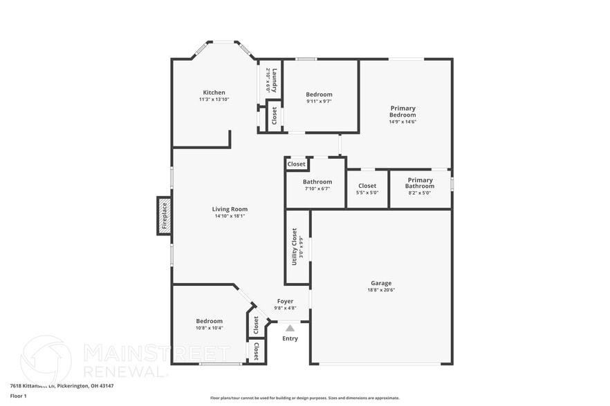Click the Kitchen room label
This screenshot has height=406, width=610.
pyautogui.click(x=214, y=93)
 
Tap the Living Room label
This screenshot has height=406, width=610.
pyautogui.click(x=230, y=209)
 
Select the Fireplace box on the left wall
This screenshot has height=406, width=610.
pyautogui.click(x=164, y=215)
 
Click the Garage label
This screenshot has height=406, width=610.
pyautogui.click(x=381, y=283)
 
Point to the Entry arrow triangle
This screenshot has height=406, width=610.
pyautogui.click(x=290, y=329)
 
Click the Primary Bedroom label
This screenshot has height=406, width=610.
pyautogui.click(x=403, y=111)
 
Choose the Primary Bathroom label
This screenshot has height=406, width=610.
pyautogui.click(x=419, y=183)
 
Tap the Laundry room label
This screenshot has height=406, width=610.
pyautogui.click(x=275, y=81)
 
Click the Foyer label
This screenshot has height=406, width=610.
pyautogui.click(x=285, y=301)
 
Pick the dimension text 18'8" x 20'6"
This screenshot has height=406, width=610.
pyautogui.click(x=381, y=290)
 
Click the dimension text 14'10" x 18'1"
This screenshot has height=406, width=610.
pyautogui.click(x=230, y=216)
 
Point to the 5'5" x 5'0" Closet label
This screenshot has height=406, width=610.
pyautogui.click(x=367, y=186)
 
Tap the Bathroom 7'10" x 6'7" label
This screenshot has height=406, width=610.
pyautogui.click(x=317, y=182)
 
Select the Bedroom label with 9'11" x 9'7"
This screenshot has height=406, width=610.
pyautogui.click(x=320, y=95)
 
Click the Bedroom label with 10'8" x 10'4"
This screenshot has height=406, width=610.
pyautogui.click(x=209, y=321)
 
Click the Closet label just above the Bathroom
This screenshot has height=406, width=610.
pyautogui.click(x=297, y=164)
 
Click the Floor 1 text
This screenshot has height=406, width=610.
pyautogui.click(x=18, y=396)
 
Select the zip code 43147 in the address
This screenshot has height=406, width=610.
pyautogui.click(x=105, y=386)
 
